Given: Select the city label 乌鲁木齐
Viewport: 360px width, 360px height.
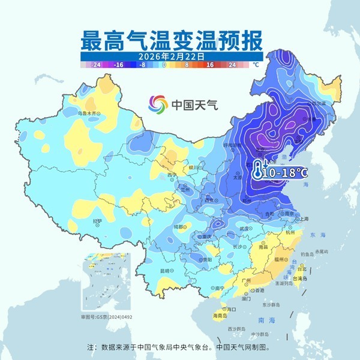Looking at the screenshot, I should (x=88, y=113).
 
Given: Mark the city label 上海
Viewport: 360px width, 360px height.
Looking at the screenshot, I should (x=304, y=219).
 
